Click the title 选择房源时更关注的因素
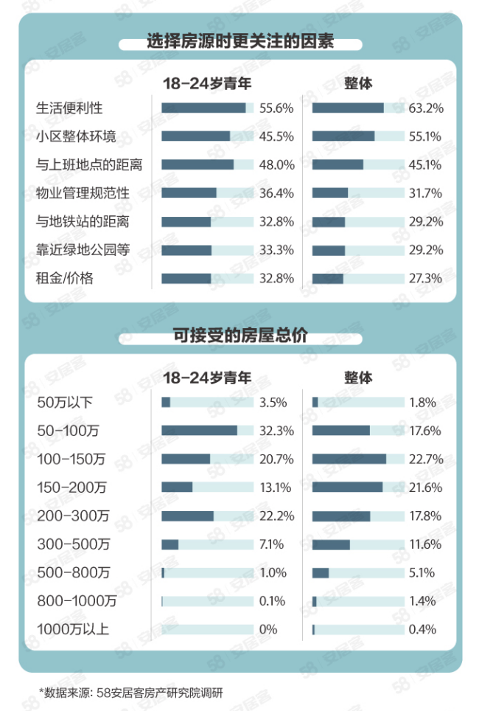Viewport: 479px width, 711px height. (239, 41)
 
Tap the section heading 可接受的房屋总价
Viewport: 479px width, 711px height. (239, 336)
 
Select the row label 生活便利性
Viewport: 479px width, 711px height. (69, 108)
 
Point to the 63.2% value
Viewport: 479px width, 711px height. (425, 108)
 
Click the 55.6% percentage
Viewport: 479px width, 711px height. (276, 108)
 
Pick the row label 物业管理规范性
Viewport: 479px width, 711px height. (83, 193)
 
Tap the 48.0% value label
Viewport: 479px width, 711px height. (276, 164)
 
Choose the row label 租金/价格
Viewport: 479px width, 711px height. (66, 279)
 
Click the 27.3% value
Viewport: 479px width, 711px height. (425, 279)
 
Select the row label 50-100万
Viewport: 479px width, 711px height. (69, 431)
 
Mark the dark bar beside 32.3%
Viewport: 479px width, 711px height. (199, 431)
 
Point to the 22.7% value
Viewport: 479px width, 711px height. (425, 459)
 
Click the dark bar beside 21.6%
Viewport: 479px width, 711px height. (347, 487)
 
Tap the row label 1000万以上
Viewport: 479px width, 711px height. (73, 629)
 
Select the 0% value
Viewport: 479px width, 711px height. (268, 629)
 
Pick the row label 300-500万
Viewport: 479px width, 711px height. (73, 544)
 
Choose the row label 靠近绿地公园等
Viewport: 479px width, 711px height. (83, 250)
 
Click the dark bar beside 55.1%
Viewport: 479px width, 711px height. (343, 136)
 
